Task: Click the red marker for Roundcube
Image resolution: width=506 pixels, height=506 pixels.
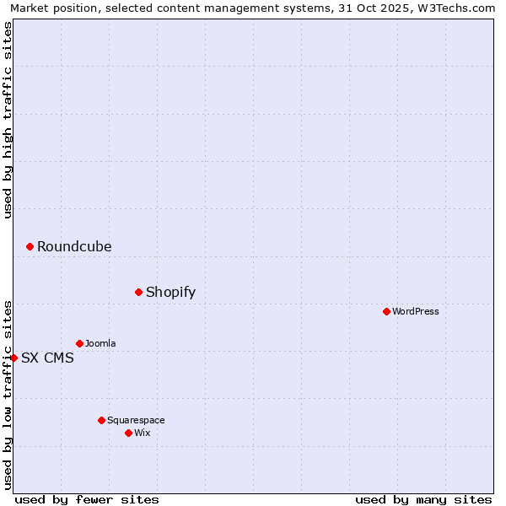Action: tap(30, 246)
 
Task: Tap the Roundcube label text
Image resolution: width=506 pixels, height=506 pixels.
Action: tap(74, 247)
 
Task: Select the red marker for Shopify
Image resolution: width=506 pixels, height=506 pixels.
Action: tap(138, 292)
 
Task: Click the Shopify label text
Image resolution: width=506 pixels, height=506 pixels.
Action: tap(170, 293)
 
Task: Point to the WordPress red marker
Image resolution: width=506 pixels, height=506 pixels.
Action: tap(386, 311)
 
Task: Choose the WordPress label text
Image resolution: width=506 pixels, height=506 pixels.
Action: tap(416, 312)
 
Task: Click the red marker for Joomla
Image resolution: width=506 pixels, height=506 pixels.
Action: tap(79, 343)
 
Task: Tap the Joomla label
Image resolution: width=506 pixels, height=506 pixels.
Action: tap(100, 344)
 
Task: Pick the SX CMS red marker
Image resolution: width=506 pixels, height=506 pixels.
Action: tap(13, 358)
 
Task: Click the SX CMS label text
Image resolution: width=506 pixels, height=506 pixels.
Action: tap(47, 358)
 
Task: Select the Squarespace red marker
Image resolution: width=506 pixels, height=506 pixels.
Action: tap(101, 420)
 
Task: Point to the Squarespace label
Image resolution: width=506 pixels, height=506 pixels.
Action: tap(136, 421)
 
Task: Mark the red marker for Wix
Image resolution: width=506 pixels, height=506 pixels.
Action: tap(128, 433)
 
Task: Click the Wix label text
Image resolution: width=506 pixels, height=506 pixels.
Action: tap(143, 433)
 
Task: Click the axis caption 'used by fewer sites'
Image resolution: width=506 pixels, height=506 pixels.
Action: tap(87, 499)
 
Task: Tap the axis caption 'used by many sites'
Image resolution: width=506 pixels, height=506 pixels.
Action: tap(423, 499)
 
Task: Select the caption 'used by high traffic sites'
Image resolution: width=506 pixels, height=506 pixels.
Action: tap(8, 120)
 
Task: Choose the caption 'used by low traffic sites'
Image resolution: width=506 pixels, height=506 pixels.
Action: tap(8, 394)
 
